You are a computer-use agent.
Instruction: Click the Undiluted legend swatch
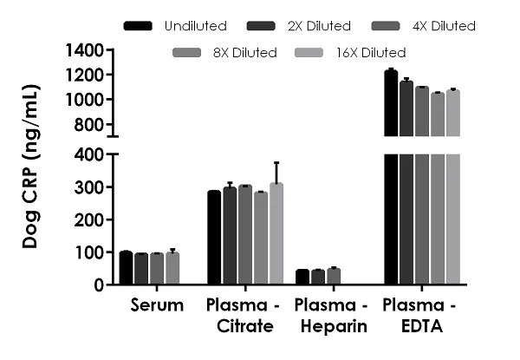139,26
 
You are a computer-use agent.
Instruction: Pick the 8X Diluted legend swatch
188,53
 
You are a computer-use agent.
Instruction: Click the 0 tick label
101,285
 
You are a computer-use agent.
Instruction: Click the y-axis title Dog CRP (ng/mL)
31,167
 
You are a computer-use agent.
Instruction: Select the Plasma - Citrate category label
240,315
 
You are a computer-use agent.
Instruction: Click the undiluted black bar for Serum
127,268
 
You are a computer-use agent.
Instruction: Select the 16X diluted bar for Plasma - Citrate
276,234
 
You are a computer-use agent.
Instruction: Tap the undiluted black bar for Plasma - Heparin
302,278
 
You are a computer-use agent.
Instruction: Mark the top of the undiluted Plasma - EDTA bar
391,71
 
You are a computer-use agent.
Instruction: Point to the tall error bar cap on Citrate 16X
276,162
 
